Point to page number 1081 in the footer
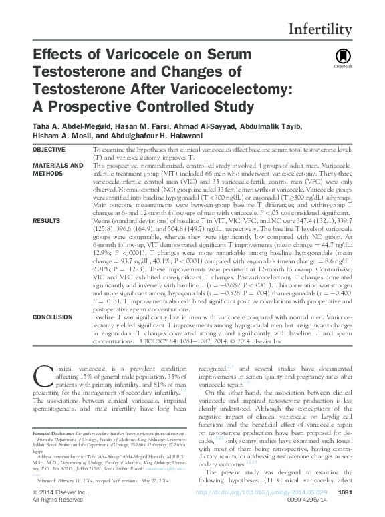pos(345,492)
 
